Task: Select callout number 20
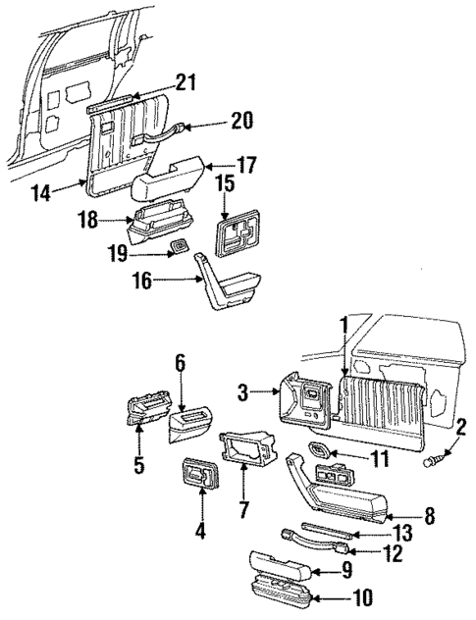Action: (x=240, y=122)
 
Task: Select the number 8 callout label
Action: (x=429, y=515)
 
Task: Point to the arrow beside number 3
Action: (x=270, y=394)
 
